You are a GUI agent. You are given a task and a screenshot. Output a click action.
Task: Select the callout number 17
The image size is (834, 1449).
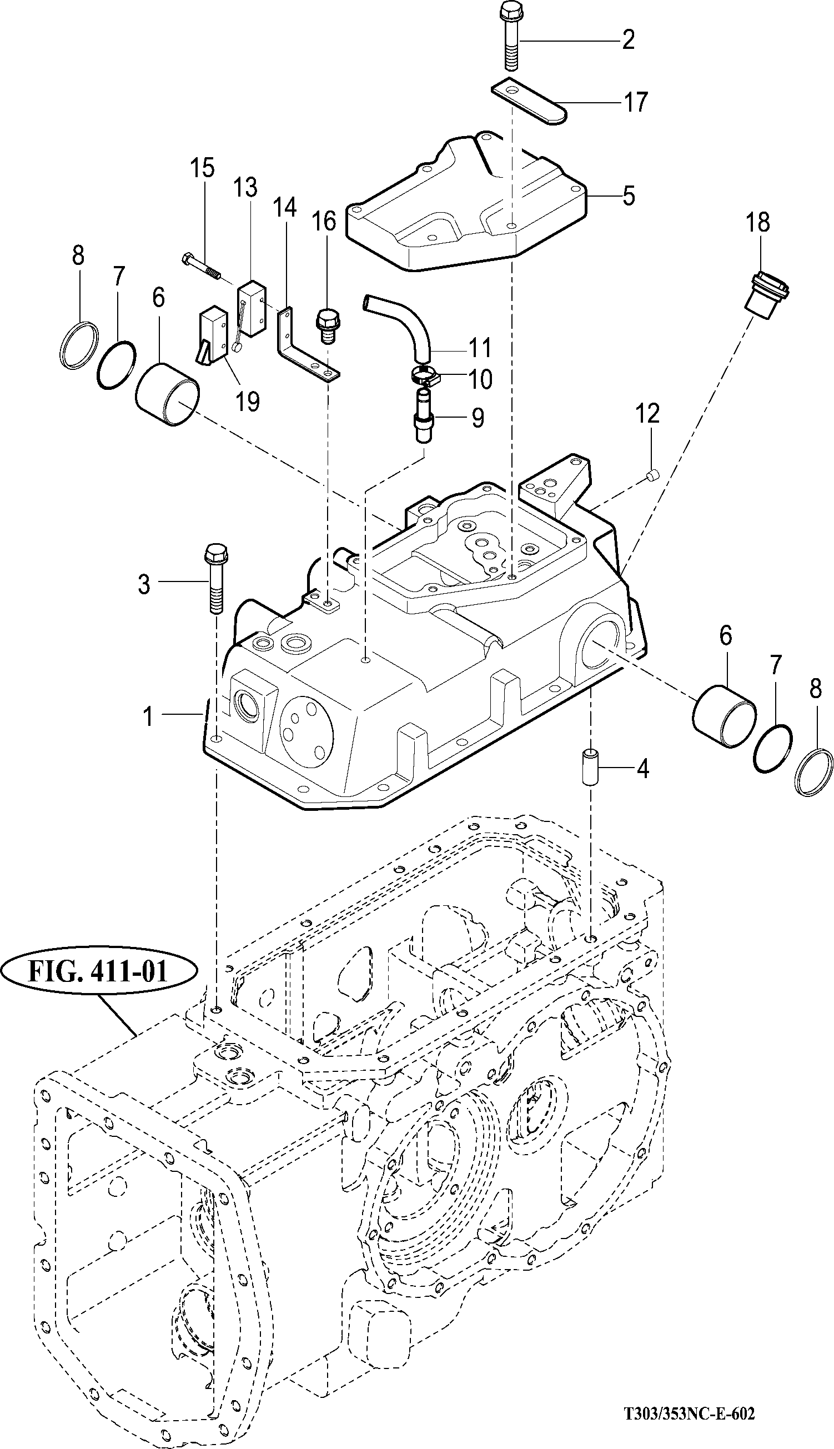[634, 102]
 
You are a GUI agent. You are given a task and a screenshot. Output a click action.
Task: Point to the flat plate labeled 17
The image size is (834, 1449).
[530, 100]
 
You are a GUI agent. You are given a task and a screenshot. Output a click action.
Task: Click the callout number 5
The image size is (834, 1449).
[629, 195]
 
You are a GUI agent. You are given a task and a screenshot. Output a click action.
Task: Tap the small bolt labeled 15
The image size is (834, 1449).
[202, 266]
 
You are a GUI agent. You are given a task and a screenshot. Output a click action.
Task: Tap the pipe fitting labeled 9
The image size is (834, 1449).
[424, 415]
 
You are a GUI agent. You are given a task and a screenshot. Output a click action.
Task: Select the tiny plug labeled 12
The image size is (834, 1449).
[652, 473]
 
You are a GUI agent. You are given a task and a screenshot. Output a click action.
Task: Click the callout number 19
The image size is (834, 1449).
[248, 401]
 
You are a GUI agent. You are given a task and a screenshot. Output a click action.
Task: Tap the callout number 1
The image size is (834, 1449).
[148, 716]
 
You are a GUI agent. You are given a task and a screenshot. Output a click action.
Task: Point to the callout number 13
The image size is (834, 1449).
[245, 188]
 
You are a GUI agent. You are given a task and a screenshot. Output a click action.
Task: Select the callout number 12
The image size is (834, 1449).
[647, 413]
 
